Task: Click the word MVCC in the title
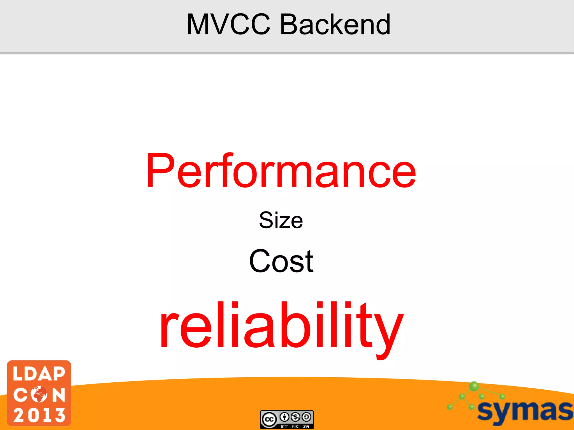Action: pos(228,25)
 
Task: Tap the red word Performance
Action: pos(281,171)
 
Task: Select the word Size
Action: pos(281,220)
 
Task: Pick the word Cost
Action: pos(281,261)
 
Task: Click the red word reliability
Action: pos(281,326)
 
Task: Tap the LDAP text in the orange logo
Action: pos(39,374)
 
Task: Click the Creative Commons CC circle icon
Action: pos(269,419)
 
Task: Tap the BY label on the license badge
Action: pos(284,426)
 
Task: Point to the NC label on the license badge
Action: pos(295,426)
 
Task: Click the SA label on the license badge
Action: pos(306,426)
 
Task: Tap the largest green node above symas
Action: pos(474,386)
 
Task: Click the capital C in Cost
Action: pos(258,261)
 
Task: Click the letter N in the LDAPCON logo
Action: pos(59,394)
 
